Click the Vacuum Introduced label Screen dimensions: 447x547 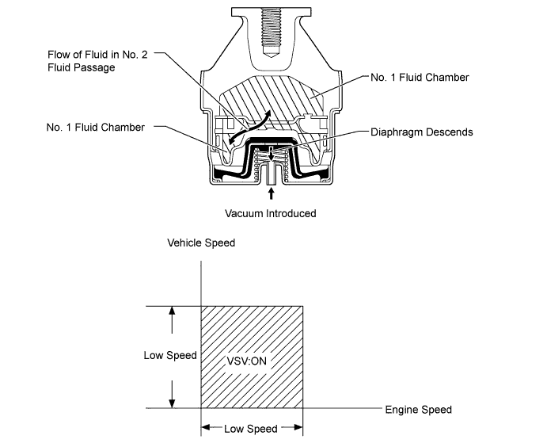point(271,213)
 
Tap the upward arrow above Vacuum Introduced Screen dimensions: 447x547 point(272,193)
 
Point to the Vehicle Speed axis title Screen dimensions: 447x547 point(201,243)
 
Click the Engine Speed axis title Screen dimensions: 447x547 point(418,410)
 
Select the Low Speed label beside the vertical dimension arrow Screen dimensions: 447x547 point(169,355)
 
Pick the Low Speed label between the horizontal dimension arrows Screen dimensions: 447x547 point(251,429)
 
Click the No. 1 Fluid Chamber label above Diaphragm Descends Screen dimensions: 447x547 point(420,78)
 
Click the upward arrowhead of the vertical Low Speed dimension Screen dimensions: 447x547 point(170,311)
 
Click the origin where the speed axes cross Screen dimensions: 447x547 point(202,409)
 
